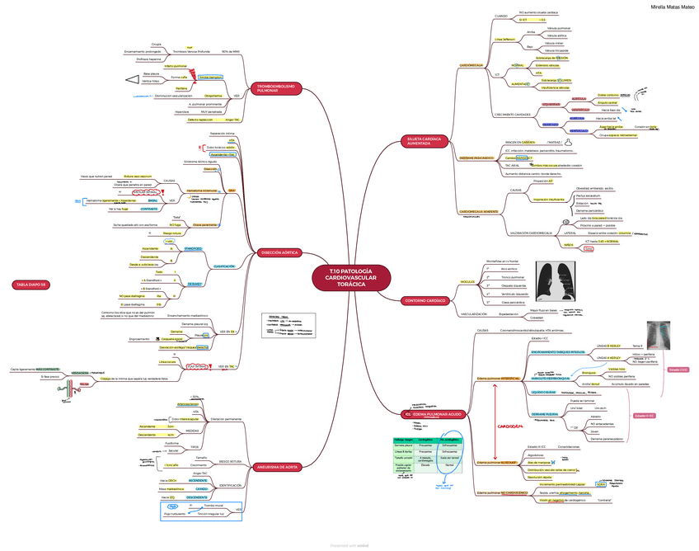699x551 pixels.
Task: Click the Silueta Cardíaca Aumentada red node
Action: coord(424,142)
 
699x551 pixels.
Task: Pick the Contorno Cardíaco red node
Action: coord(426,301)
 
